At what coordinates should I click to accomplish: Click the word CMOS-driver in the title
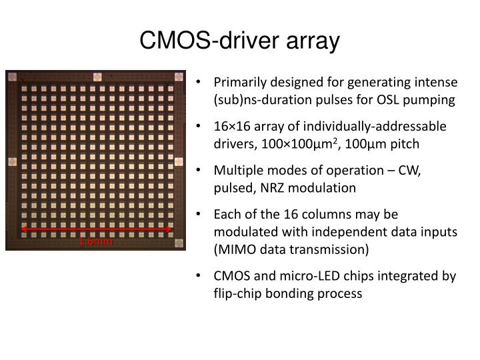click(x=201, y=41)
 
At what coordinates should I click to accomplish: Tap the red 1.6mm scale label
click(x=96, y=241)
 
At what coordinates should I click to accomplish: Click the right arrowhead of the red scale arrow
click(x=171, y=230)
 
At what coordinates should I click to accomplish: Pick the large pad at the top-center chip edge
click(x=97, y=76)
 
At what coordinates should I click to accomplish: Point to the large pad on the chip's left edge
click(x=11, y=161)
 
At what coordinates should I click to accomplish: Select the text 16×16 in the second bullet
click(x=230, y=127)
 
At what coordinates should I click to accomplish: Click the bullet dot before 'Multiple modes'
click(x=202, y=171)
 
